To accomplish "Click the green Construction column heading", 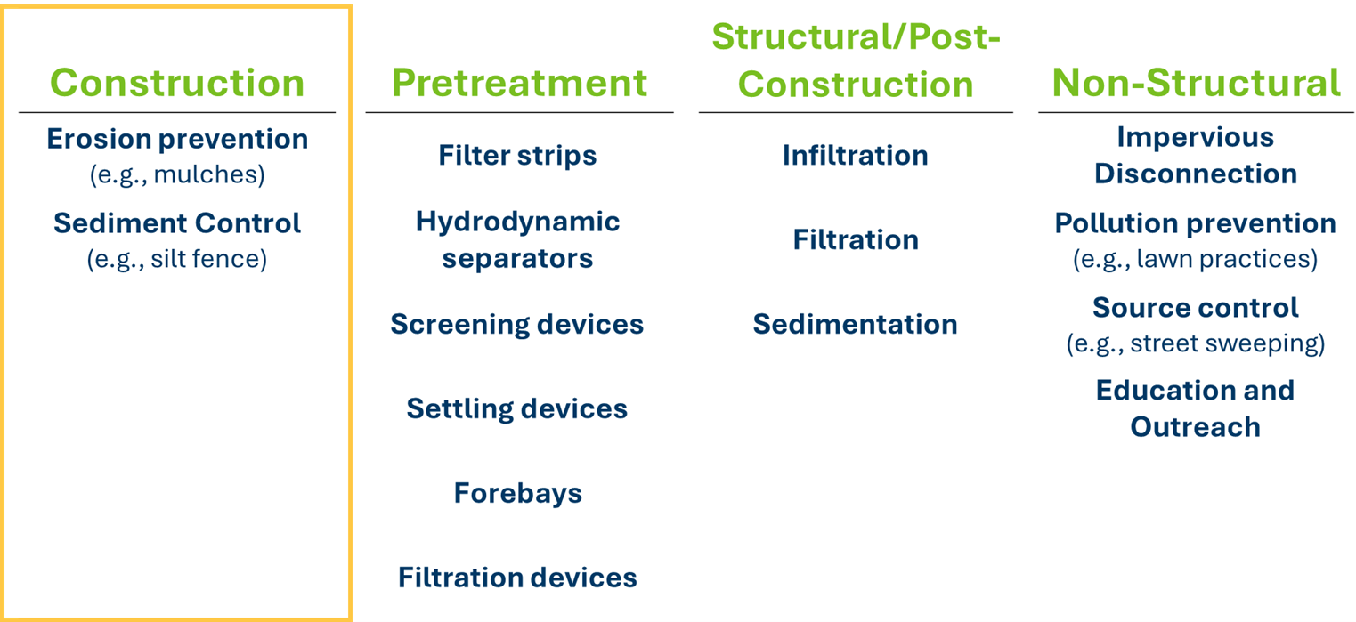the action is [x=177, y=83].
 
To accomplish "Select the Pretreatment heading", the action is [x=519, y=83].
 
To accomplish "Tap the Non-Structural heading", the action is [x=1197, y=83].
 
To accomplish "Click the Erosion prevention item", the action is [x=177, y=139].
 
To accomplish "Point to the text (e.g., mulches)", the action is [x=177, y=175].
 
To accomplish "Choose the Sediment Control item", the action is [x=177, y=223].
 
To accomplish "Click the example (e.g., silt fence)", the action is [x=177, y=259].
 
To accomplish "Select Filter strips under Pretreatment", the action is [x=517, y=156].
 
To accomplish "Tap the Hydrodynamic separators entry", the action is [x=517, y=240].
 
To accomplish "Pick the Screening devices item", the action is [x=517, y=324].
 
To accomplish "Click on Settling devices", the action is [x=517, y=408].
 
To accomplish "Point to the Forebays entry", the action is [x=518, y=493].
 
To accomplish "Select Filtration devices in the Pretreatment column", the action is [x=517, y=578].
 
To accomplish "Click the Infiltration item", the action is [x=856, y=156].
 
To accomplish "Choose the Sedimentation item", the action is [x=856, y=324].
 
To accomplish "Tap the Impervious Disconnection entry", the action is [x=1196, y=156].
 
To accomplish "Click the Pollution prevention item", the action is [x=1196, y=223].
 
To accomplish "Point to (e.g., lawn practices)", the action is [x=1196, y=259].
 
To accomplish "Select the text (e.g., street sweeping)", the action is [x=1196, y=343].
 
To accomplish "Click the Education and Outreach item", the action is [x=1196, y=408].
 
